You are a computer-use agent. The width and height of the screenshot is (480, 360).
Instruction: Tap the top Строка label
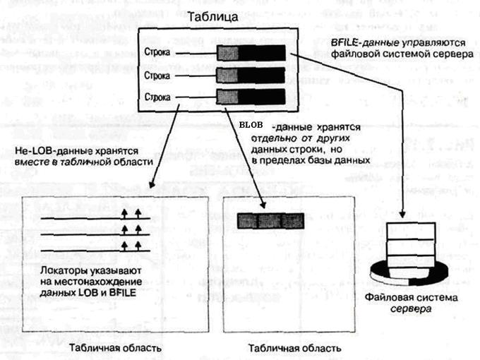coord(157,53)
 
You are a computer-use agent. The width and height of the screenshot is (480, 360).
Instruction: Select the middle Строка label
coord(157,74)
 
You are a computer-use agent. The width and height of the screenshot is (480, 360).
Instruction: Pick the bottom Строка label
coord(157,96)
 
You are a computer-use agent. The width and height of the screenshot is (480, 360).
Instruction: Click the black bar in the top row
coord(260,53)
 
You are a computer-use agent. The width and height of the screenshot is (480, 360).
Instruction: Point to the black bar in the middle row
coord(260,74)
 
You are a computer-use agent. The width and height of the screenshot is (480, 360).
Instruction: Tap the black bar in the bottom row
coord(260,96)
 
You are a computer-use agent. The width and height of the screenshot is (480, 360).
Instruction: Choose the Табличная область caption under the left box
coord(105,348)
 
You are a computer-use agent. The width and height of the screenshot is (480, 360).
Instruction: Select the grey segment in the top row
coord(227,53)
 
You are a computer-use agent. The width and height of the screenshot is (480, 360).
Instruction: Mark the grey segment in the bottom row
coord(227,96)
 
